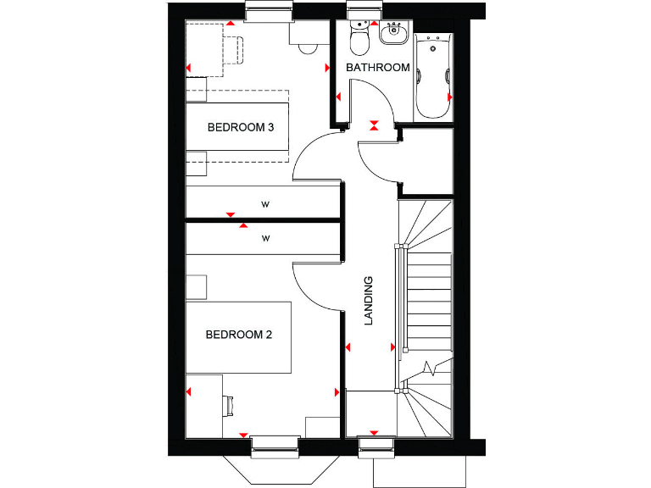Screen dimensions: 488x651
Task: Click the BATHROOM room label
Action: pos(378,67)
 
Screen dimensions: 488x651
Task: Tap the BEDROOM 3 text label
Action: pos(241,128)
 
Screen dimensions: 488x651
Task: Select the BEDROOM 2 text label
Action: pos(239,335)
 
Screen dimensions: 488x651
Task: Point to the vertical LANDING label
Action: pos(369,301)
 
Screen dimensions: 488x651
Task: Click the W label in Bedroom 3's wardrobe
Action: pos(264,204)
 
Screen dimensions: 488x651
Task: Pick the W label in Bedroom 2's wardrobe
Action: pos(264,239)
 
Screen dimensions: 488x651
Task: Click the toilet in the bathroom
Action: pos(359,38)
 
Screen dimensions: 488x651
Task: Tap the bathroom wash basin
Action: pos(393,35)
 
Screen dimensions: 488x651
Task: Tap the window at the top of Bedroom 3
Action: pos(268,10)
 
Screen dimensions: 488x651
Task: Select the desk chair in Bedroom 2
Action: pos(230,405)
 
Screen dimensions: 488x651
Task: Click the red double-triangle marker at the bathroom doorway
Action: pos(374,125)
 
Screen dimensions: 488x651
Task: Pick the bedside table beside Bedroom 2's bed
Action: pos(197,286)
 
